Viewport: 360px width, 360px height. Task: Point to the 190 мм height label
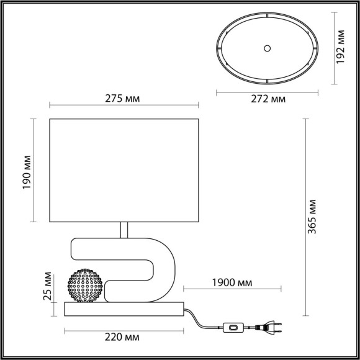26,170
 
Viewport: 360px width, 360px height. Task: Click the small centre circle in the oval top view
268,47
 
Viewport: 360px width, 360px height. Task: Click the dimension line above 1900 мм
234,290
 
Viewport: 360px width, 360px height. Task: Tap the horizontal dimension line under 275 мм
127,105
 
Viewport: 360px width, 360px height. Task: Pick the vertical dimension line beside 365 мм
306,213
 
